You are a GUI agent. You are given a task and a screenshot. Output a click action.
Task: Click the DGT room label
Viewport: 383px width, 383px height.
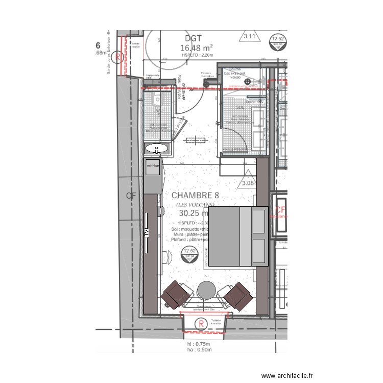point(193,38)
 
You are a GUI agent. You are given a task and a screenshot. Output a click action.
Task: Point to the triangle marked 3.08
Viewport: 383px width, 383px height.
point(248,182)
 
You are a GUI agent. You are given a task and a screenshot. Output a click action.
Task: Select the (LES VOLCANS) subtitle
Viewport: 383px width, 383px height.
point(192,205)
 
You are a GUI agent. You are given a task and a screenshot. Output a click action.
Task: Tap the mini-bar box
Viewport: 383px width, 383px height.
point(153,166)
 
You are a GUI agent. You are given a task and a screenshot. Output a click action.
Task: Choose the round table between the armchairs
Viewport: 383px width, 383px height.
point(206,290)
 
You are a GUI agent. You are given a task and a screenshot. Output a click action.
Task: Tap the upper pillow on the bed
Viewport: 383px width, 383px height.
point(259,221)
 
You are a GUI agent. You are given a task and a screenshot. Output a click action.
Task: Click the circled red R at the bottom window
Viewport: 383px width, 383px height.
point(201,323)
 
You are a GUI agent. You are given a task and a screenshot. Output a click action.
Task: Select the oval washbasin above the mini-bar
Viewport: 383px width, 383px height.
point(156,149)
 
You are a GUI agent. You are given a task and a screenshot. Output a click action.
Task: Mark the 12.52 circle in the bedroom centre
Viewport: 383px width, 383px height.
point(189,253)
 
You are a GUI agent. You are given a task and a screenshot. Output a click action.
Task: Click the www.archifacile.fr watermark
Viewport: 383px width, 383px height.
point(287,376)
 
